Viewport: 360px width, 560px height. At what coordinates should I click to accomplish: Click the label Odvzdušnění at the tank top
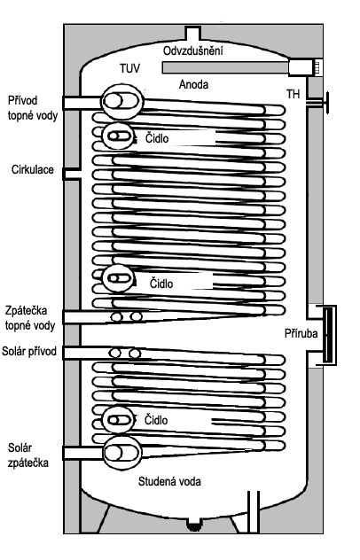tap(193, 51)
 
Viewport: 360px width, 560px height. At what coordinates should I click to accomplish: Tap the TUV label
tap(129, 68)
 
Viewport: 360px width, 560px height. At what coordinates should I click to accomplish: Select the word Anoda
tap(193, 85)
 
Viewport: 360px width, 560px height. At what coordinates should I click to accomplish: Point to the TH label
tap(293, 94)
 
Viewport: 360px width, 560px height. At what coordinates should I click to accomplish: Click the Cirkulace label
tap(33, 169)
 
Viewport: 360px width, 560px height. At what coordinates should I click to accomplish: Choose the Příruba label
tap(301, 333)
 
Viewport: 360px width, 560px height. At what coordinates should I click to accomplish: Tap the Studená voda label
tap(169, 481)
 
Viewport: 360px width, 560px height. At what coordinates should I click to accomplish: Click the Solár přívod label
tap(29, 351)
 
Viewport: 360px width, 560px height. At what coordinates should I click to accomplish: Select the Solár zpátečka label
tap(28, 455)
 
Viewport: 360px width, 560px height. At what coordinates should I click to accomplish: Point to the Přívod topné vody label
tap(33, 108)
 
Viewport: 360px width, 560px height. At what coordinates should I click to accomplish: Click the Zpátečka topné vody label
tap(30, 318)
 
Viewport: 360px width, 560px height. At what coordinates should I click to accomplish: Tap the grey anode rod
tap(225, 67)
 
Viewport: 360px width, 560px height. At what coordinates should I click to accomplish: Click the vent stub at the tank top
tap(192, 34)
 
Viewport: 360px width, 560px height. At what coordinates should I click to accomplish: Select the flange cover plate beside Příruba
tap(329, 335)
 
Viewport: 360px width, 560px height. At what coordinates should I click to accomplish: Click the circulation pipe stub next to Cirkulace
tap(72, 174)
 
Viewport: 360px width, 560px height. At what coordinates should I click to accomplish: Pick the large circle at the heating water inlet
tap(122, 102)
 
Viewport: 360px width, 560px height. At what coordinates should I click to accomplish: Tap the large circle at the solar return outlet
tap(122, 453)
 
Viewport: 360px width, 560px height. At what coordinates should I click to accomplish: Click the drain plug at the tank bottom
tap(193, 525)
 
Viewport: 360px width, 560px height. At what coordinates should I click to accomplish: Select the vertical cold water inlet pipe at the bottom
tap(254, 512)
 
